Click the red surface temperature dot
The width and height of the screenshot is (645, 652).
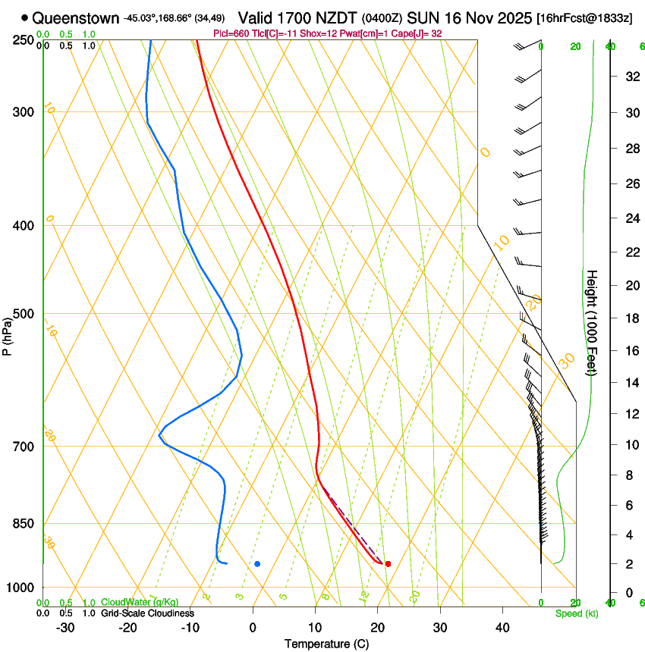388,564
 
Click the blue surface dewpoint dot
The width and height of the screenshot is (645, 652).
258,564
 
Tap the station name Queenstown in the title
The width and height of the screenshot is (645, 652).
75,17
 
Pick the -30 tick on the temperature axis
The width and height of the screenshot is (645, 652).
65,627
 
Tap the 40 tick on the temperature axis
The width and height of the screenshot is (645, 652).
502,627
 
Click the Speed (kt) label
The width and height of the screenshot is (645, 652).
576,613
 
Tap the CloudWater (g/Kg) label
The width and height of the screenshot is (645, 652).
129,603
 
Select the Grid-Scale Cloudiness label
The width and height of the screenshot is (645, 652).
147,613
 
